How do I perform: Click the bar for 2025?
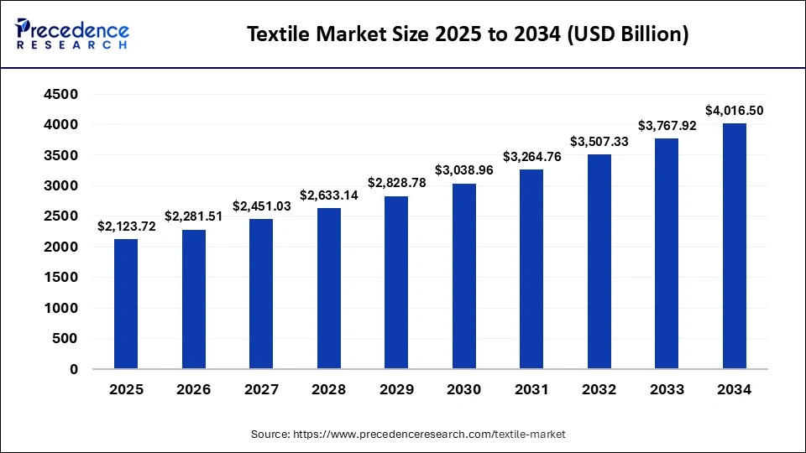pos(126,304)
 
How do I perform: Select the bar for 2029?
pos(396,282)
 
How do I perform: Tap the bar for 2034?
pos(734,246)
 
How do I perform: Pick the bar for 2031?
pos(531,268)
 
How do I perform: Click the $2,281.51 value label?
pos(193,216)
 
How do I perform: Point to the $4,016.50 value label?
pos(734,110)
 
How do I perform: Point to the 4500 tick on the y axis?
pos(61,94)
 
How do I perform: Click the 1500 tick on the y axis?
pos(61,278)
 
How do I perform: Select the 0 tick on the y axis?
pos(74,369)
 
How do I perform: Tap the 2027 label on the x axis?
pos(261,390)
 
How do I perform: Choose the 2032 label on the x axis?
pos(599,390)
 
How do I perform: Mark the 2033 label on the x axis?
pos(667,390)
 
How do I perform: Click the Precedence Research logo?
pos(72,34)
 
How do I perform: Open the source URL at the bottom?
pos(428,435)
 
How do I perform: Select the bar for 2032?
pos(599,261)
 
